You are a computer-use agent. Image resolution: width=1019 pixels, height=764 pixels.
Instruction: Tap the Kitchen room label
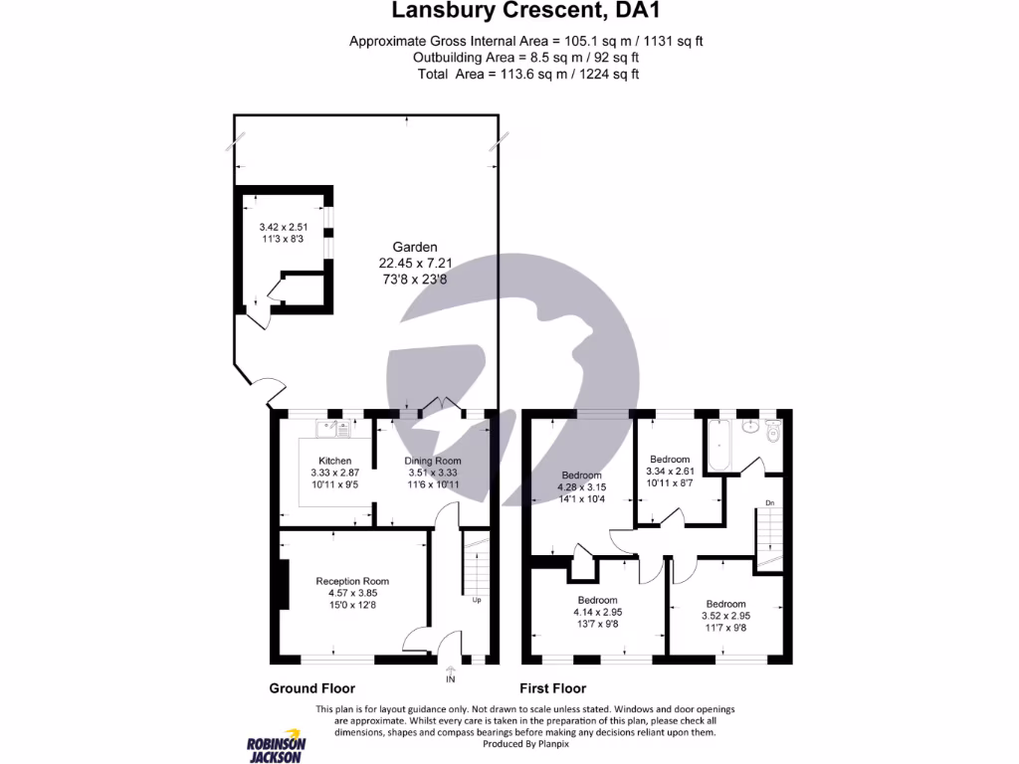click(x=334, y=461)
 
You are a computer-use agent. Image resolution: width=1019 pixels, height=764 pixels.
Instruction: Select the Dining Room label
click(x=433, y=461)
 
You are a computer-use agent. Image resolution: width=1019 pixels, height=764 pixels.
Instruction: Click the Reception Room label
click(x=352, y=581)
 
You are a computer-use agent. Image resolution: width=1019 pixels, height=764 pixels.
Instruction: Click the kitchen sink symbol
click(x=334, y=429)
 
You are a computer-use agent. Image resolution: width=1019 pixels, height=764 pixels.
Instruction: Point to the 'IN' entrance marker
click(x=451, y=678)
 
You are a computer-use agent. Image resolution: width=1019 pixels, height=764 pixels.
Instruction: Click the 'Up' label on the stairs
click(x=476, y=600)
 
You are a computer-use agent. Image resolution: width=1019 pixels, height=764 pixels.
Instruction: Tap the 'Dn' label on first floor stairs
click(x=769, y=503)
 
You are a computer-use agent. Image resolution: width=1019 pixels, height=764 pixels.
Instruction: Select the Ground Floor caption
click(x=311, y=688)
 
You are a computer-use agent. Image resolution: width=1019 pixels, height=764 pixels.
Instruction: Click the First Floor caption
click(x=553, y=688)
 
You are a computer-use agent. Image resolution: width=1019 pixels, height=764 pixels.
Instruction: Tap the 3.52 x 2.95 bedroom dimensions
click(x=725, y=616)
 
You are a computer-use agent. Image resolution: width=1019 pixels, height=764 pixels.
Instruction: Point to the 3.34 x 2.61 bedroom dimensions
click(x=670, y=472)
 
